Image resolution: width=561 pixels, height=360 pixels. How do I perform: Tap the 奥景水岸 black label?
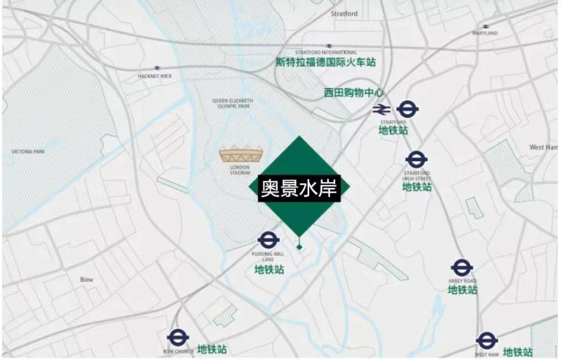tap(299, 188)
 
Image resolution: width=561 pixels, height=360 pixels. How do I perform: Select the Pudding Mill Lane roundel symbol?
tap(267, 240)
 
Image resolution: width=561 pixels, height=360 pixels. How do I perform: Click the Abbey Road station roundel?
tap(462, 268)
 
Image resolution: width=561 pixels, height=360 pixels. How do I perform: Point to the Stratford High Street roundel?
tap(417, 159)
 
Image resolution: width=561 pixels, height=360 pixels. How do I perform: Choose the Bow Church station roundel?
tap(178, 337)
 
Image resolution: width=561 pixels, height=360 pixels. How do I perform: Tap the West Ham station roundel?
tap(486, 341)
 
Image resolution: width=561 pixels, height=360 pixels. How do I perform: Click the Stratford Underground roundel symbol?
tap(407, 110)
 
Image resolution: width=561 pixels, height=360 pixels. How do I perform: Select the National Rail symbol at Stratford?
tap(382, 110)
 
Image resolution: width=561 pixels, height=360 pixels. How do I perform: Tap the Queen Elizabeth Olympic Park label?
tap(233, 103)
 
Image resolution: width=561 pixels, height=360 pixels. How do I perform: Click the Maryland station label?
tap(485, 33)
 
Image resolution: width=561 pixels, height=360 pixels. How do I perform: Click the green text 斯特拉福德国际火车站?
tap(326, 62)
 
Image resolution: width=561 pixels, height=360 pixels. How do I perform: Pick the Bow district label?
tap(86, 279)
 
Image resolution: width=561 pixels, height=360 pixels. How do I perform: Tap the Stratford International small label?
tap(326, 53)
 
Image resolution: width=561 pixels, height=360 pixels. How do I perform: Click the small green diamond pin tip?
tap(300, 247)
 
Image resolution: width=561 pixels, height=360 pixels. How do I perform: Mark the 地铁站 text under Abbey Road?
tap(462, 290)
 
